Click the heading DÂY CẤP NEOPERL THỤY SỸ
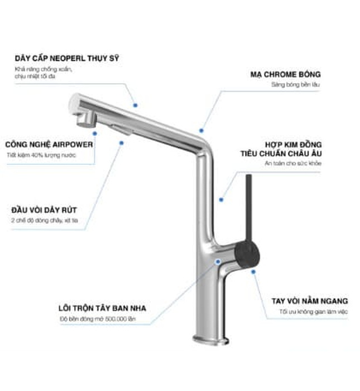tap(66, 59)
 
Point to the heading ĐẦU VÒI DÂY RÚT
tap(44, 210)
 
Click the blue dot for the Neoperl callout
tap(135, 104)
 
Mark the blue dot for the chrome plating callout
tap(201, 130)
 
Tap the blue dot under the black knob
tap(253, 272)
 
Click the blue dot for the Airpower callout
tap(121, 142)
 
